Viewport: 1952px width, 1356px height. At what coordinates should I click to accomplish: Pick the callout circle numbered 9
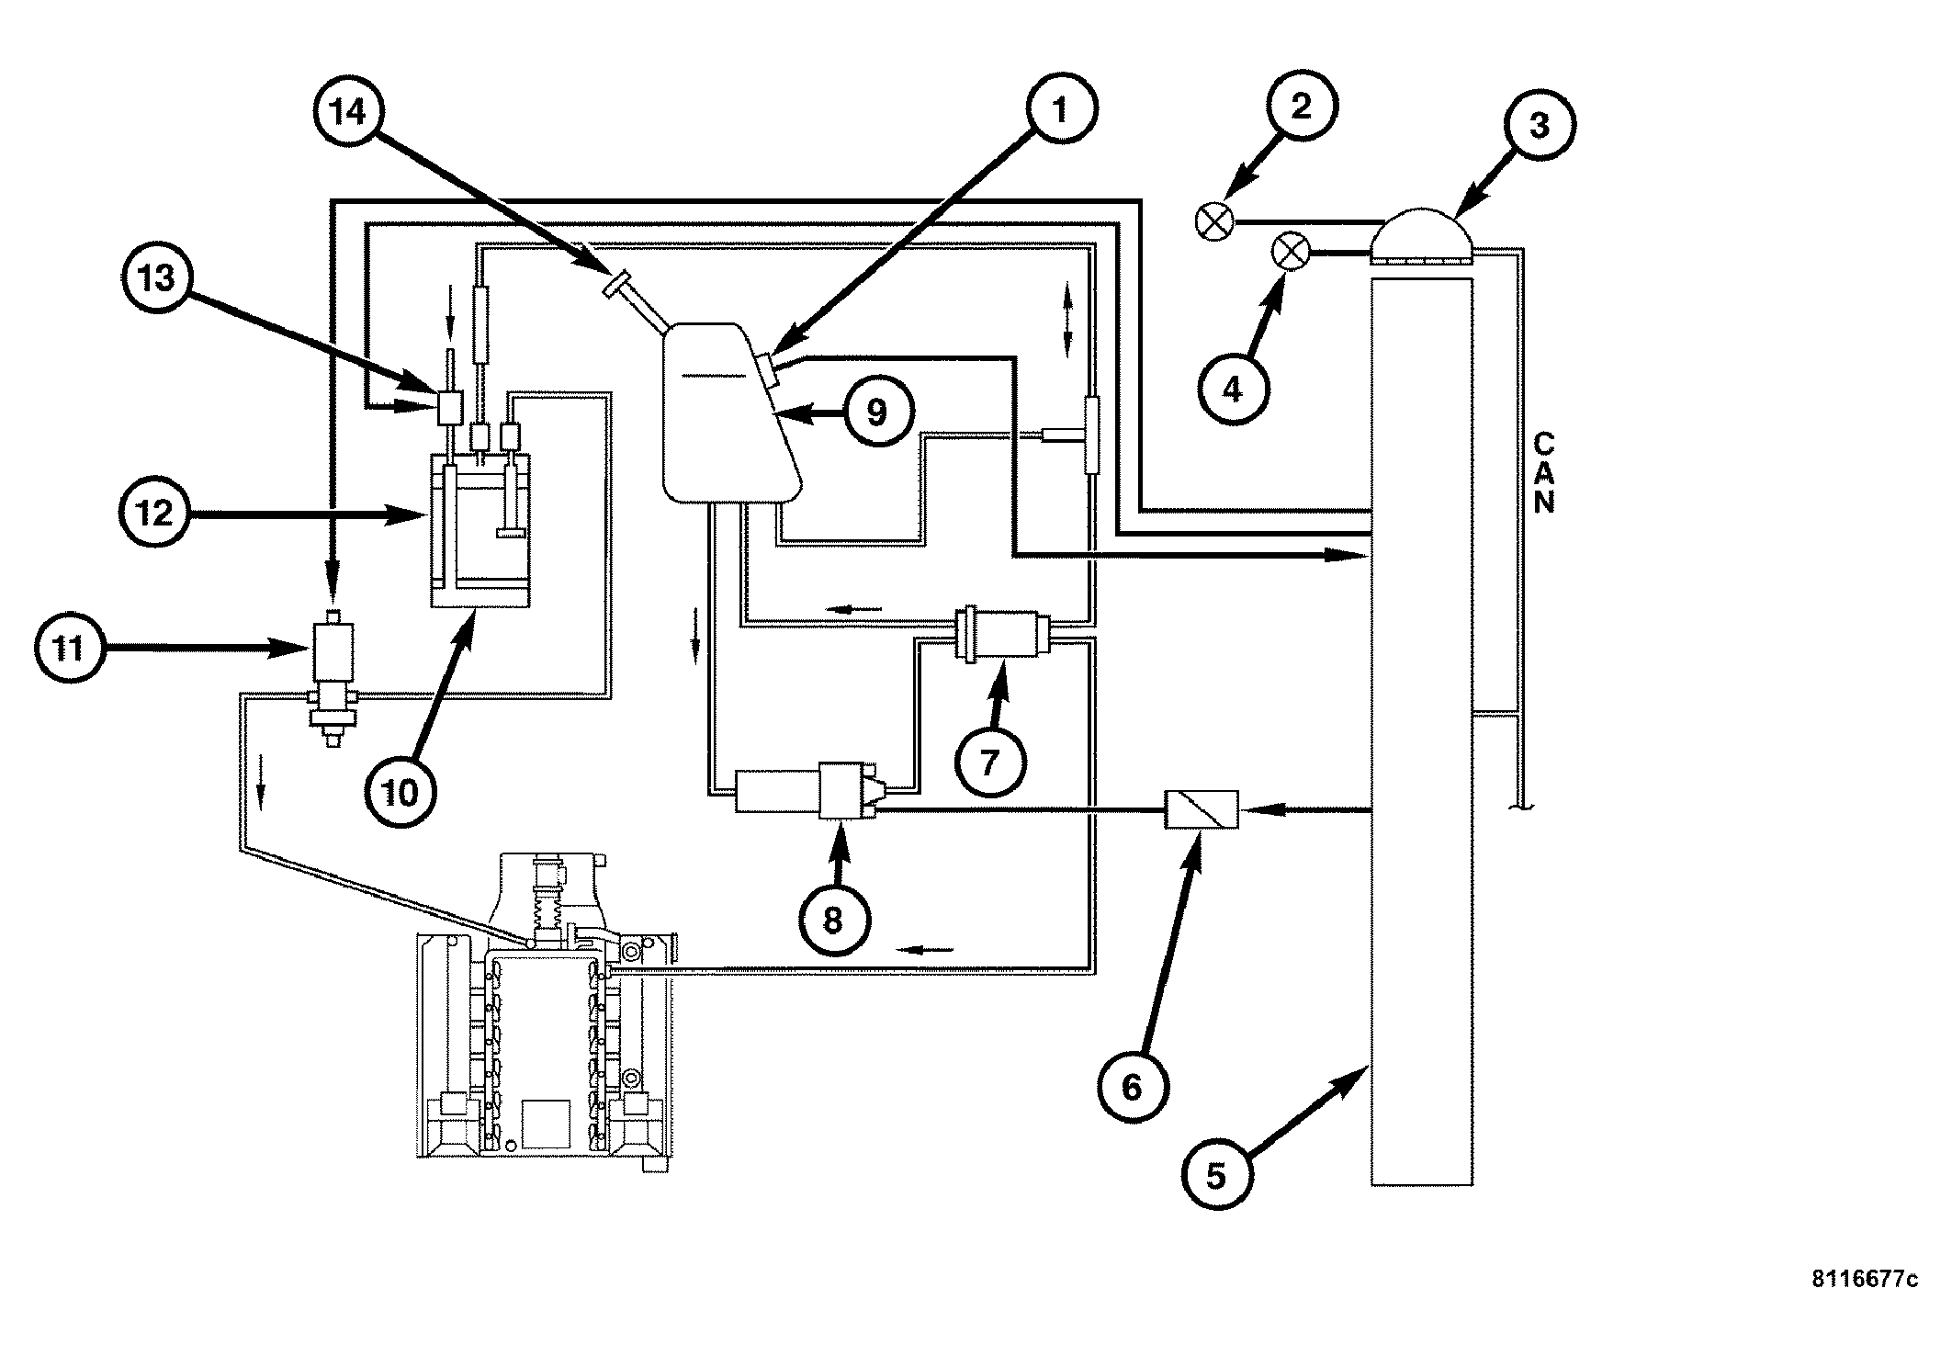pos(877,412)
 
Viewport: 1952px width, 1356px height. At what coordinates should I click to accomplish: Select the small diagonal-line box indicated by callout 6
pos(1202,809)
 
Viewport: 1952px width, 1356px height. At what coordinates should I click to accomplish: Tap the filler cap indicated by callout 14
pos(615,284)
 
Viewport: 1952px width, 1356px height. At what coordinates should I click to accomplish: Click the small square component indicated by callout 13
pos(451,408)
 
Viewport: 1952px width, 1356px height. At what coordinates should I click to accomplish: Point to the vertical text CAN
pos(1544,474)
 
